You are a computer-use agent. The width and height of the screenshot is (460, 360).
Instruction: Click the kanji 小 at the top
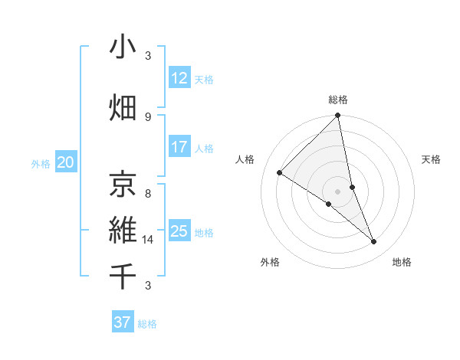(x=123, y=47)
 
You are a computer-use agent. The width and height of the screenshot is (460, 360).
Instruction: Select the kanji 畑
(x=123, y=107)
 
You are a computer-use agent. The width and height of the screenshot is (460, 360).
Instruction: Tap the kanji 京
(x=123, y=183)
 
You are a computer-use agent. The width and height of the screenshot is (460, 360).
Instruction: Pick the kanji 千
(x=123, y=276)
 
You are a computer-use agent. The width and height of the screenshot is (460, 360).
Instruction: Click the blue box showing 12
(x=179, y=78)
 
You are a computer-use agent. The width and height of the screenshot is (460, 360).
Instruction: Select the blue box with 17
(x=179, y=147)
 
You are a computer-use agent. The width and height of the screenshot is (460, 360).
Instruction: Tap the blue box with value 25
(x=179, y=231)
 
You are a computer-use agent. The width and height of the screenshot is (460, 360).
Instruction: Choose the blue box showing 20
(x=65, y=162)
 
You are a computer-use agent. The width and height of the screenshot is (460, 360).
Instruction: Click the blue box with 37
(x=122, y=322)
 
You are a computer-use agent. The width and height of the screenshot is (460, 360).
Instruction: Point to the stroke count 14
(x=149, y=240)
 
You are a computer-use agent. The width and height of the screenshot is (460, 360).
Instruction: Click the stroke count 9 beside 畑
(x=148, y=116)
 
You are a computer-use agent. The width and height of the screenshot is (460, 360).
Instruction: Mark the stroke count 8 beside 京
(x=148, y=194)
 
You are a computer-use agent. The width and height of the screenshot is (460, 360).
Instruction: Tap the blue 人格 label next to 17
(x=204, y=149)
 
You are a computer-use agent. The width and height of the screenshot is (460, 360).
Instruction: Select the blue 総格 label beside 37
(x=147, y=324)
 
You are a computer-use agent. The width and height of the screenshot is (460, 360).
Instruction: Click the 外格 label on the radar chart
(x=270, y=263)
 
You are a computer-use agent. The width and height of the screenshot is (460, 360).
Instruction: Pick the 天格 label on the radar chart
(x=432, y=159)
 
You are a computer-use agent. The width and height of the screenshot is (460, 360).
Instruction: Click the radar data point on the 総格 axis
(x=337, y=116)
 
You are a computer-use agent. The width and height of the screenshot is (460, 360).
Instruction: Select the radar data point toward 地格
(x=374, y=242)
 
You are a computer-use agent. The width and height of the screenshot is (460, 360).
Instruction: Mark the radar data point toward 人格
(x=280, y=173)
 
